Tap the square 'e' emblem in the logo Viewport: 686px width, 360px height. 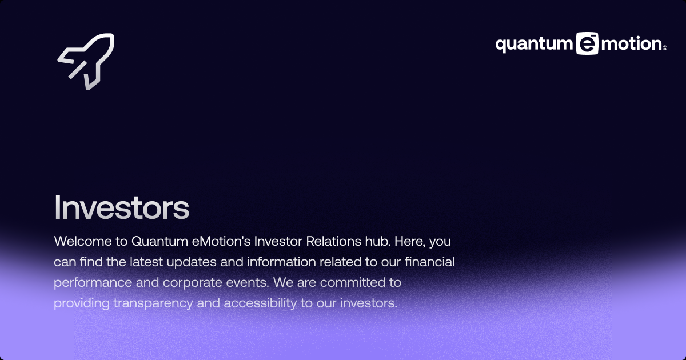point(587,44)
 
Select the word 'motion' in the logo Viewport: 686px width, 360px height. point(632,44)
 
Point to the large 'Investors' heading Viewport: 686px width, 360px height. point(122,207)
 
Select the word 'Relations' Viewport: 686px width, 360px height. point(333,241)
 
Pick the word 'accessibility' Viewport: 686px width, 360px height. point(260,303)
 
